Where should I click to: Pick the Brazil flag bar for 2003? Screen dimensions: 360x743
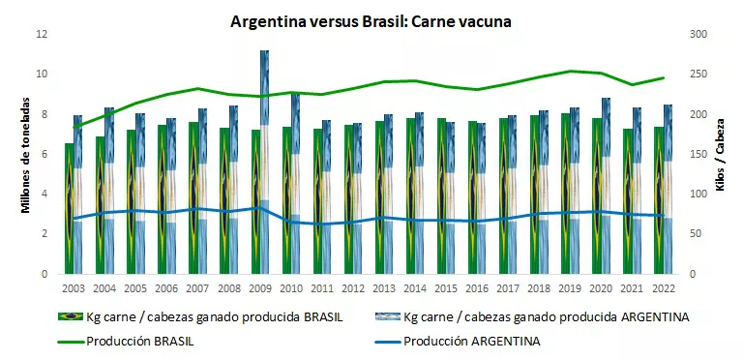pos(69,208)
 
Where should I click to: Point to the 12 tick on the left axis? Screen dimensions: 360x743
pos(42,34)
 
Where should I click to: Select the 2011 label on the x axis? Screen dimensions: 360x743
pos(323,287)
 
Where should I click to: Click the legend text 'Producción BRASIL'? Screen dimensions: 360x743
pos(142,341)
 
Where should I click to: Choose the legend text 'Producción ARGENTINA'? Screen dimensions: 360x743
pos(471,341)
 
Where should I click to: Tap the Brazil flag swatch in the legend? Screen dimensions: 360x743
pos(69,316)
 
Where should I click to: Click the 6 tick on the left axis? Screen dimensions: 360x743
pos(42,154)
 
